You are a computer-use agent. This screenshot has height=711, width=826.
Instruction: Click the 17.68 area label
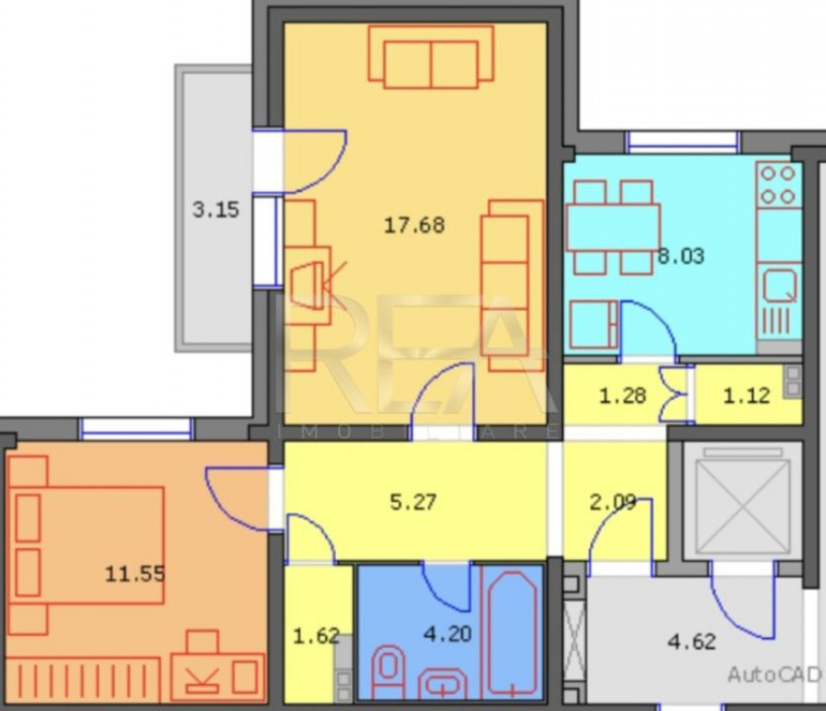point(414,225)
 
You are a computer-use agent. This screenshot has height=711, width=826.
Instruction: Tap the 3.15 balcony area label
point(216,209)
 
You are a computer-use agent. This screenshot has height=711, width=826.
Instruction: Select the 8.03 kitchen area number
point(681,256)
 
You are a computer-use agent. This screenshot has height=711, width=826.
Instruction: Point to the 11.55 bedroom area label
point(135,574)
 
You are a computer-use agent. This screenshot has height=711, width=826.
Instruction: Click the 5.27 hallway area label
point(413,502)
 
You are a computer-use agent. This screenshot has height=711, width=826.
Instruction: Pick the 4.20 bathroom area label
point(447,633)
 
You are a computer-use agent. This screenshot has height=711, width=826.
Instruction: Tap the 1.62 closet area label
point(316,636)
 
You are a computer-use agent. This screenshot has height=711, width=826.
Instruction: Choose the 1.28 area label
point(622,395)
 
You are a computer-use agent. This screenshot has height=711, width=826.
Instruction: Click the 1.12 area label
point(747,395)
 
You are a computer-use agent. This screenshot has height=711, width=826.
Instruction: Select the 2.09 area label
point(613,503)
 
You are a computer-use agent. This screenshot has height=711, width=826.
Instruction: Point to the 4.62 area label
point(692,642)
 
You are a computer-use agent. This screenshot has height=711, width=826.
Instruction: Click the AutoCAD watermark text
point(774,674)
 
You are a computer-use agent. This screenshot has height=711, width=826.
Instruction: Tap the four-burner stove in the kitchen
point(779,184)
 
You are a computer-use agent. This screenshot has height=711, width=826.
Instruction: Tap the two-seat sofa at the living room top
point(431,56)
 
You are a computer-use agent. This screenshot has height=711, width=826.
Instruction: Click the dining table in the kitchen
point(613,227)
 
